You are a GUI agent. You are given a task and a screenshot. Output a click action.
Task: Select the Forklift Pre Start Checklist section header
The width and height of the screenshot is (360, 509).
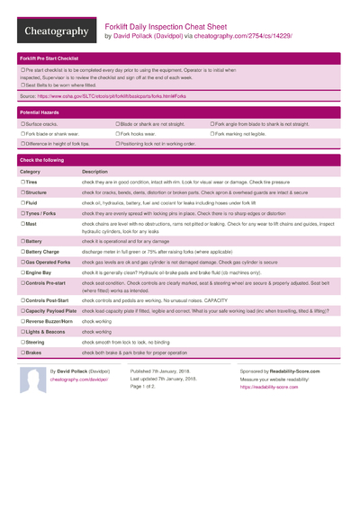[x=54, y=57]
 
